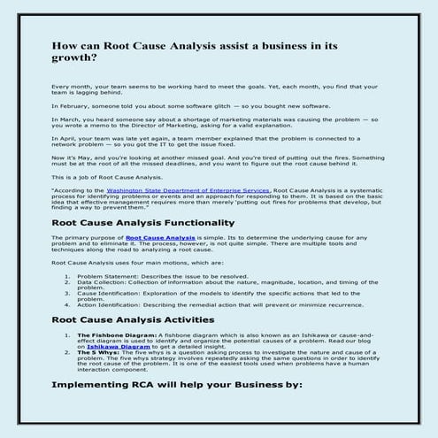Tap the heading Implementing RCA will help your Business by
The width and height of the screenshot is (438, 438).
tap(177, 386)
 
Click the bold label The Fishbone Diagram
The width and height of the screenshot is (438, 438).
tap(116, 335)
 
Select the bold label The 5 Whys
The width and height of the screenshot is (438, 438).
tap(96, 351)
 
